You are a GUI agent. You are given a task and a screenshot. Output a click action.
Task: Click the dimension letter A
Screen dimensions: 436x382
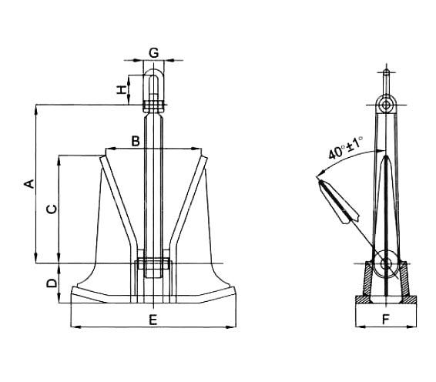30,184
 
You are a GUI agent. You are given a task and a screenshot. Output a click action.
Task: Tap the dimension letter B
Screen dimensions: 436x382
136,141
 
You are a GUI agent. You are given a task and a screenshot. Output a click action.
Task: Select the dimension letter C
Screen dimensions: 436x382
52,209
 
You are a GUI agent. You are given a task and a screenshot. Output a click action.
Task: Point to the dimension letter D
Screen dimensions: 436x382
52,283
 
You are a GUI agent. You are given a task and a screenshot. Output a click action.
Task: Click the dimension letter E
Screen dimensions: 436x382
153,320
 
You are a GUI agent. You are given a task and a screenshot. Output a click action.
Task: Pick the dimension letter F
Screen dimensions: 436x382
386,320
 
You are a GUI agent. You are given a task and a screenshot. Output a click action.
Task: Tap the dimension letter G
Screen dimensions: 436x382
154,52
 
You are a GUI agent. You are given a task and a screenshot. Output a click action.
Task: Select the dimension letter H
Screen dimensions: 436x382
122,90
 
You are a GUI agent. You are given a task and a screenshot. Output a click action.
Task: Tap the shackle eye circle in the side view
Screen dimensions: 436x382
386,105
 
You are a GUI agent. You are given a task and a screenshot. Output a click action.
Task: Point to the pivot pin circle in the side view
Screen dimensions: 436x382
386,263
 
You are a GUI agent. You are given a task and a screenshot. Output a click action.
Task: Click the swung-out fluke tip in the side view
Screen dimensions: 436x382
320,182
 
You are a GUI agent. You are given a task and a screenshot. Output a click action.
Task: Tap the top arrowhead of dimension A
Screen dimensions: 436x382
36,109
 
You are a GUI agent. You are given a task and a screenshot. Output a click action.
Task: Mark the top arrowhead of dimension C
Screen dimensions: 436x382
59,160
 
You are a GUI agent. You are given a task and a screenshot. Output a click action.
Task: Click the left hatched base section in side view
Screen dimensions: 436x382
369,279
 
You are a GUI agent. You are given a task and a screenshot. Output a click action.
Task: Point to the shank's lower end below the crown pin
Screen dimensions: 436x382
153,273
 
